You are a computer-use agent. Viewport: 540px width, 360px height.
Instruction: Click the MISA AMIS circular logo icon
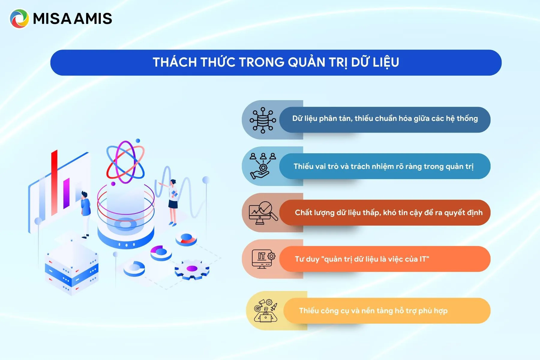click(x=19, y=19)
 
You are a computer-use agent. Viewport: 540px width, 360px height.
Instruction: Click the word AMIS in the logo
click(x=93, y=19)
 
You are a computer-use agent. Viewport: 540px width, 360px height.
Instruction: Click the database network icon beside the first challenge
click(x=263, y=120)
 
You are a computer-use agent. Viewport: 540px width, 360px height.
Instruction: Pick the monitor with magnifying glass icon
click(x=263, y=213)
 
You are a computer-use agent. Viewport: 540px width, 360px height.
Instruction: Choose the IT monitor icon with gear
click(x=263, y=259)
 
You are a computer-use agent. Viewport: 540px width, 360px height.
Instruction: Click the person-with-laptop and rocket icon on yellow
click(x=265, y=310)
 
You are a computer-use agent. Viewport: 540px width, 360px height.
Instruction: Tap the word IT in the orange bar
click(x=424, y=259)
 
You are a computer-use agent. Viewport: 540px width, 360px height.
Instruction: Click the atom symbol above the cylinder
click(x=125, y=162)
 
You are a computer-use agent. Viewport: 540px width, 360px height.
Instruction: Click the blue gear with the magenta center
click(x=192, y=269)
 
